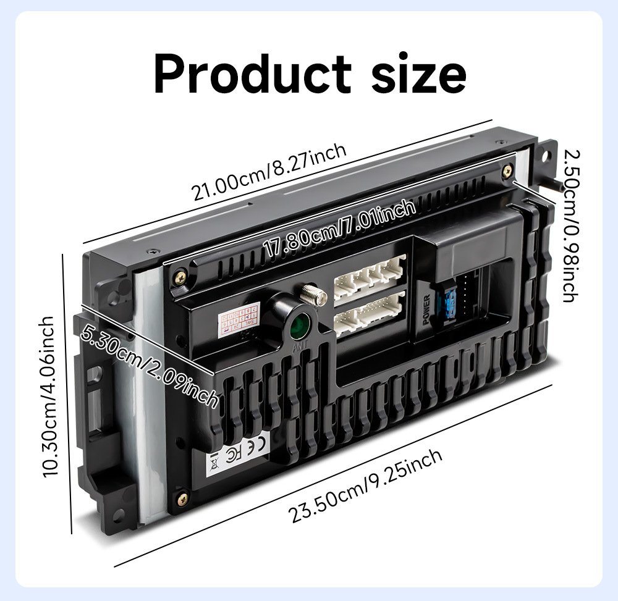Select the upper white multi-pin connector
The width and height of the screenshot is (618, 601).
click(370, 277)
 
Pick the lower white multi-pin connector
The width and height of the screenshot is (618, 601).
click(369, 312)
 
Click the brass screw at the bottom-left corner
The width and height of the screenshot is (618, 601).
click(182, 494)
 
